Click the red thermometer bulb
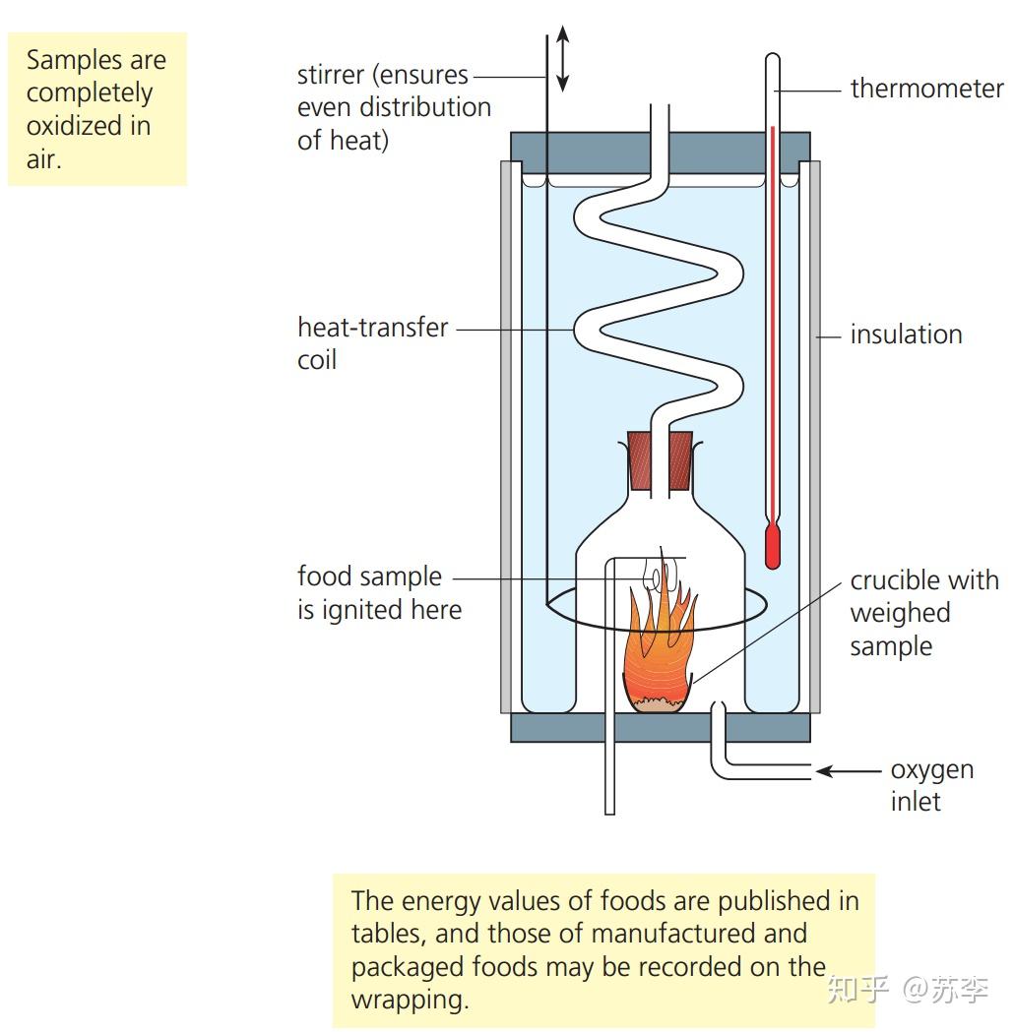click(773, 546)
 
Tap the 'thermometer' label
click(926, 89)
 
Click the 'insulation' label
click(906, 334)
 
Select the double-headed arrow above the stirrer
click(562, 59)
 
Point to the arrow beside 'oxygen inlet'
click(848, 770)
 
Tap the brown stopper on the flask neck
click(660, 460)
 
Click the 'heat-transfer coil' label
click(373, 343)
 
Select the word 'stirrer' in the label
click(331, 75)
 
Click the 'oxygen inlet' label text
click(931, 785)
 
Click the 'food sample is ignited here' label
click(379, 592)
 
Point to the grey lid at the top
click(661, 152)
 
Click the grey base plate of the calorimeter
click(661, 727)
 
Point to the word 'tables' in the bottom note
click(389, 934)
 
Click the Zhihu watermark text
click(908, 989)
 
